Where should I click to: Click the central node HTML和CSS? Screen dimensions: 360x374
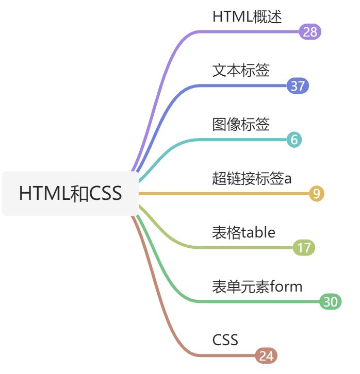click(x=71, y=193)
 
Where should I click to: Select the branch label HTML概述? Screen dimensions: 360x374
click(x=247, y=16)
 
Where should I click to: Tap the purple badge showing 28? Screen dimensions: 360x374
click(x=310, y=32)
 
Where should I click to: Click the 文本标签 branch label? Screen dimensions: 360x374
click(x=241, y=71)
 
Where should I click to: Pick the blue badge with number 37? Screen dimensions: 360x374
click(x=298, y=86)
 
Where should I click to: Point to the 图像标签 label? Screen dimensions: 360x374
click(x=241, y=124)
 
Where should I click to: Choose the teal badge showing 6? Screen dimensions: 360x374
click(x=294, y=140)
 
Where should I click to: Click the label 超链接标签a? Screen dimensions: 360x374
click(x=252, y=178)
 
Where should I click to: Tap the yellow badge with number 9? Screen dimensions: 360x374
click(x=317, y=194)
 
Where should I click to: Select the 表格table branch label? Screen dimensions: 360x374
click(x=243, y=232)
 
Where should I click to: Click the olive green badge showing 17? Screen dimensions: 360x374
click(x=304, y=248)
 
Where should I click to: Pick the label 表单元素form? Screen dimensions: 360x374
click(x=257, y=286)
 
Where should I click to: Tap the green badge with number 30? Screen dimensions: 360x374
click(x=330, y=301)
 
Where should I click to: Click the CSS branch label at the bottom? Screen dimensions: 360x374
click(x=225, y=340)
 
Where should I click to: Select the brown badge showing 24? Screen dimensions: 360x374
click(x=266, y=355)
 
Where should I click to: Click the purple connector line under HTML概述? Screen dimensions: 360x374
click(x=248, y=32)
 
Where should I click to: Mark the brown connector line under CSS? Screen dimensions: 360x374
click(x=222, y=355)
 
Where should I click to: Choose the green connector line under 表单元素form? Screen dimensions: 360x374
click(x=258, y=301)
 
